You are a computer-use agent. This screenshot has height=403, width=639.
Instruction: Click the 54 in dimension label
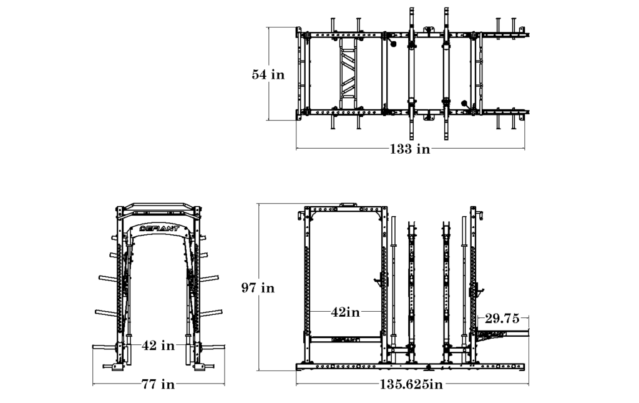[268, 74]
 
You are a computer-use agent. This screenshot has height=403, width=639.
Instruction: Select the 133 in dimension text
[409, 149]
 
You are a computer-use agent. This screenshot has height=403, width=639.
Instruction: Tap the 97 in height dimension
[258, 288]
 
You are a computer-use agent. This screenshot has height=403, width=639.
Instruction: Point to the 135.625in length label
[411, 384]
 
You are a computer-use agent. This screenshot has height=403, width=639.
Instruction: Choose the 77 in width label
[159, 384]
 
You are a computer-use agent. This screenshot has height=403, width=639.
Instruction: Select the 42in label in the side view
[345, 311]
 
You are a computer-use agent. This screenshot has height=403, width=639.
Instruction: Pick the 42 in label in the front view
[159, 344]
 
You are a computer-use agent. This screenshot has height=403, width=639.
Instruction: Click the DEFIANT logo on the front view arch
[159, 228]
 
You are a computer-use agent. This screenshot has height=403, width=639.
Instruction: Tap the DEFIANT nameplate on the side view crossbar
[345, 340]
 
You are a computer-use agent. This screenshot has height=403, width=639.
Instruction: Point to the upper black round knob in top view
[393, 44]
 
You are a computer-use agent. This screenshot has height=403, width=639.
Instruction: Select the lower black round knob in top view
[464, 103]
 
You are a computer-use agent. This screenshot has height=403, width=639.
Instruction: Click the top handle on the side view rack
[347, 204]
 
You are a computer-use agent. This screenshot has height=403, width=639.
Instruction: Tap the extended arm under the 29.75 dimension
[503, 334]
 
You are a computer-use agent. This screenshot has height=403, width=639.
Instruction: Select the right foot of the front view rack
[200, 367]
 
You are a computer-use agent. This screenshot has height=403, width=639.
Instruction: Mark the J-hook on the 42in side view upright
[379, 281]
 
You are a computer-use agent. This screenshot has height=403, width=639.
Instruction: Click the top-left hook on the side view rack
[301, 216]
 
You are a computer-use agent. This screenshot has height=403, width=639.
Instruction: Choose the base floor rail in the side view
[412, 367]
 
